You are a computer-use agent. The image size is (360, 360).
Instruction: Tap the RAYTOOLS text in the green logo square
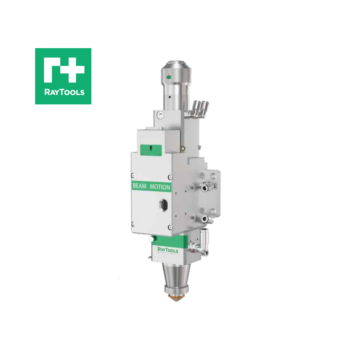point(63,93)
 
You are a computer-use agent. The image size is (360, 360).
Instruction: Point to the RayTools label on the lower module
point(168,250)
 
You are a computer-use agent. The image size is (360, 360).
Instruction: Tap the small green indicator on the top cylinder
point(168,77)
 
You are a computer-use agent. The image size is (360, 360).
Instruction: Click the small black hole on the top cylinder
point(167,96)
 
